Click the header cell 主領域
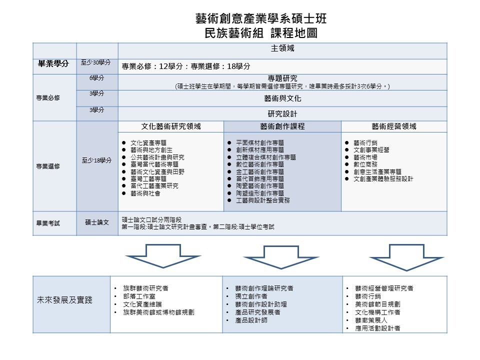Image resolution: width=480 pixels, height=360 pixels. click(282, 49)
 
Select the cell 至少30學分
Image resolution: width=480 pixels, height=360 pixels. click(96, 63)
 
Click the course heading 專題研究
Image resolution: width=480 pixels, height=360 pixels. click(282, 78)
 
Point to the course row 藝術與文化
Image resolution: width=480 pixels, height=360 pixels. click(282, 98)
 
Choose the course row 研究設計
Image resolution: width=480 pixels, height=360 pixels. click(282, 113)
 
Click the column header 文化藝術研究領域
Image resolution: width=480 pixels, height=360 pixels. click(170, 126)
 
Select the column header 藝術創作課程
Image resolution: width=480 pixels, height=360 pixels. click(282, 126)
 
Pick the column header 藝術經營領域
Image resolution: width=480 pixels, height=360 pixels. click(394, 126)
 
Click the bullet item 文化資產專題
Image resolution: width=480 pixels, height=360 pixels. click(148, 142)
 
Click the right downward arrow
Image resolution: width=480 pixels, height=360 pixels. click(400, 255)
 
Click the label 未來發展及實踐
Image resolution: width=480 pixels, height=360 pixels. click(64, 300)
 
